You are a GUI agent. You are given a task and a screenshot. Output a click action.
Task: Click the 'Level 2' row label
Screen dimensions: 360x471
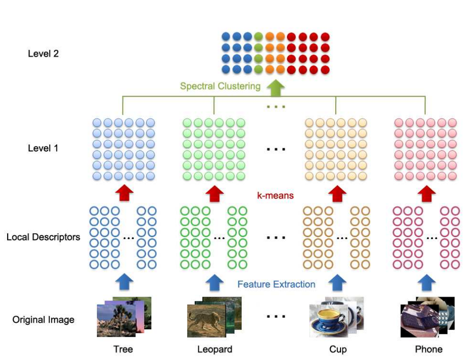point(43,53)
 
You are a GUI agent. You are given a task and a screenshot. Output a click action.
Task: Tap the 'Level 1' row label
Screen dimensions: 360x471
point(43,148)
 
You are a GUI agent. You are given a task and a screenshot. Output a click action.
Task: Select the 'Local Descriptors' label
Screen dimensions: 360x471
point(43,237)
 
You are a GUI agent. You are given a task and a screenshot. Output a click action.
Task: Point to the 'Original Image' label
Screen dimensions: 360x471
point(43,320)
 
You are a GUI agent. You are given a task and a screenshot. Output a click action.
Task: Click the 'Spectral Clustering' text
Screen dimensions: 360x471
point(220,86)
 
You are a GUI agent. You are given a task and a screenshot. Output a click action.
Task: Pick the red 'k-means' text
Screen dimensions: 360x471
point(276,195)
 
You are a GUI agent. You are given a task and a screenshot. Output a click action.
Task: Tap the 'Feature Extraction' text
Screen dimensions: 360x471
point(276,284)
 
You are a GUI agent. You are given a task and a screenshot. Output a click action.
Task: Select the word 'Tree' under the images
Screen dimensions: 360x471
point(123,350)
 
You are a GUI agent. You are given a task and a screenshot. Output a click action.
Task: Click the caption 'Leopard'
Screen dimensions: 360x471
point(215,350)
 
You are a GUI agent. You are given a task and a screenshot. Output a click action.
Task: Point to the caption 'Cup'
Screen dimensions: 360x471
point(338,350)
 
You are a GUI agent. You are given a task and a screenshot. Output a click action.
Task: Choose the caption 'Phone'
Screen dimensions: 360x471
point(428,350)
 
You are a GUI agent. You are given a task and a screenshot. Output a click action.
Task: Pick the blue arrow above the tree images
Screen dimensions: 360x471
point(123,283)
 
